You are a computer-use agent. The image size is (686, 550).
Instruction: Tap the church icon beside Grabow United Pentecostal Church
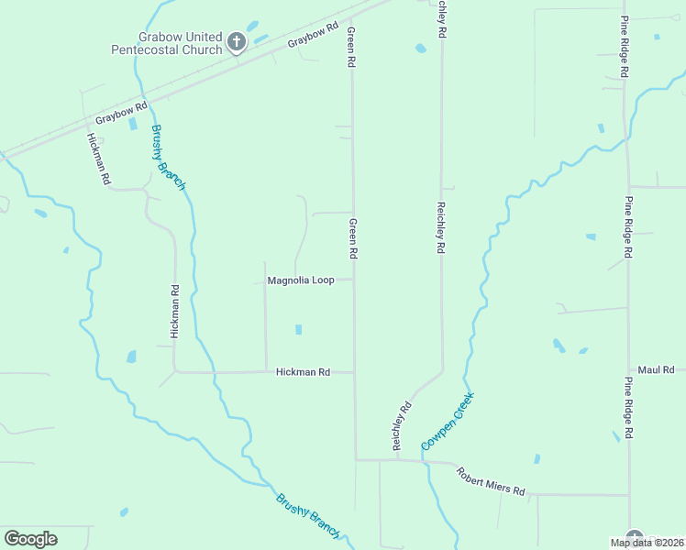(237, 41)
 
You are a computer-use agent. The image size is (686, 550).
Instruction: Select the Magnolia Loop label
(300, 280)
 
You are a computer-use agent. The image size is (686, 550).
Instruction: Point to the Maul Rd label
(656, 368)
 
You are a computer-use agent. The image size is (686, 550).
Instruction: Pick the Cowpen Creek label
(448, 420)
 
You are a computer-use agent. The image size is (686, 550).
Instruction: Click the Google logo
(30, 539)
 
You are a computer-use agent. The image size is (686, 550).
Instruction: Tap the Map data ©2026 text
(646, 543)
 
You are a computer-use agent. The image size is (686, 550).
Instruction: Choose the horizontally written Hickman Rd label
(303, 372)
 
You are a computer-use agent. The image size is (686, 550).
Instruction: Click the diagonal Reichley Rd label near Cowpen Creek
(402, 425)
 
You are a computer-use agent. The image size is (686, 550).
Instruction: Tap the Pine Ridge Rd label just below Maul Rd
(628, 406)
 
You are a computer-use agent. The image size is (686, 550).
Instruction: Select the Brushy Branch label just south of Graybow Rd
(168, 157)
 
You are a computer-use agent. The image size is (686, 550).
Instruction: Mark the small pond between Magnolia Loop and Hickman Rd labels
(297, 329)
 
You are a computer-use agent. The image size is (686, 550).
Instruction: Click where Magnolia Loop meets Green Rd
(354, 280)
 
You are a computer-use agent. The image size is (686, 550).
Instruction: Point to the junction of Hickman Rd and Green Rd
(355, 372)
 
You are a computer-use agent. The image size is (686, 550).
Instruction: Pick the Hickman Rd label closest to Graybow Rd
(98, 160)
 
